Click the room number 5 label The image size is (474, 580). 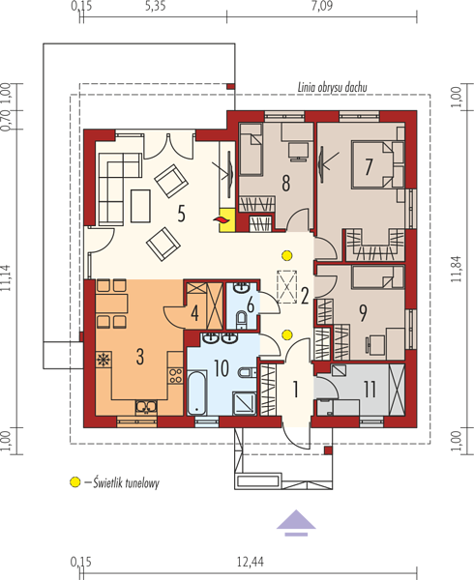click(181, 214)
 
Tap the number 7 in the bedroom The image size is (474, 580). click(369, 166)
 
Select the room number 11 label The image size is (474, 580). click(370, 389)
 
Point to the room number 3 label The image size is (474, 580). click(140, 357)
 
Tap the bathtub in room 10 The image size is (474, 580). click(196, 392)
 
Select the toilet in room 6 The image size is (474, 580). click(241, 320)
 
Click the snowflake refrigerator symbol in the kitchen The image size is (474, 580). click(104, 360)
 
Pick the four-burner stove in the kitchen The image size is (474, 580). click(175, 375)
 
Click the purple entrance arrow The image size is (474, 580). click(296, 523)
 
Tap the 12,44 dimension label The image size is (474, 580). click(251, 563)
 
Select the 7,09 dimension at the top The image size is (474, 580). click(321, 6)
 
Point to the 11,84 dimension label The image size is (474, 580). click(457, 269)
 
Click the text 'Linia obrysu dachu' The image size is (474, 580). click(332, 87)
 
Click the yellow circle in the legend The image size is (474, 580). click(75, 482)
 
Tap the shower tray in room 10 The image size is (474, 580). click(244, 403)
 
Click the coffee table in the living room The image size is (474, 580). click(140, 206)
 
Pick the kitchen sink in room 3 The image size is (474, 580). click(146, 407)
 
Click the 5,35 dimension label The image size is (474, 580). click(156, 6)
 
